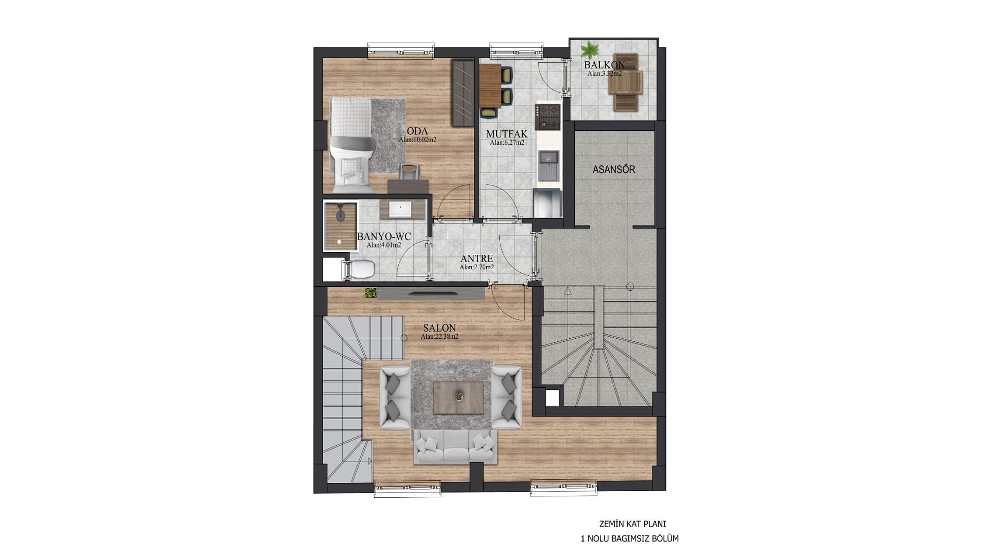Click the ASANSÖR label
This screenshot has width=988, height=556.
coord(614,169)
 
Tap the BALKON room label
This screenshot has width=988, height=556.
coord(604,65)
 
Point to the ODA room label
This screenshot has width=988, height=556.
coord(417,131)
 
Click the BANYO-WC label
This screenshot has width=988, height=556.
coord(384,236)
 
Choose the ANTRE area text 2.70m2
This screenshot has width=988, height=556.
coord(477,267)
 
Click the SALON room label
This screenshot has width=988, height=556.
coord(439,328)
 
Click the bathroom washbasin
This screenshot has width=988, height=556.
coord(400,209)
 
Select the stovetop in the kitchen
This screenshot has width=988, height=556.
coord(547,117)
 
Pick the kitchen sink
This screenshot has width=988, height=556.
coord(549,166)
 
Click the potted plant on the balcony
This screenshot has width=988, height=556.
coord(590,50)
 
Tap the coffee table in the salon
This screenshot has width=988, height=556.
coord(458,397)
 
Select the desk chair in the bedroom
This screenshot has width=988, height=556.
coord(409,171)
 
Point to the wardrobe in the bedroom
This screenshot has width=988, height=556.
coord(463,93)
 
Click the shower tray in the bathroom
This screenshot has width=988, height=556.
coord(340,226)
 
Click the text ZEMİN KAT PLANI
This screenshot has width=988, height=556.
coord(632,524)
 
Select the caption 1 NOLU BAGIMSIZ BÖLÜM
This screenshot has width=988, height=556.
coord(629,539)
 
